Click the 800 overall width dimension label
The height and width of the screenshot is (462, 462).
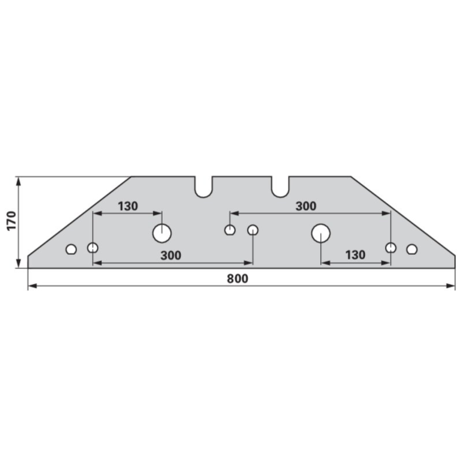tap(237, 279)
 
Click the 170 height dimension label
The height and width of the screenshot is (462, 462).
tap(12, 221)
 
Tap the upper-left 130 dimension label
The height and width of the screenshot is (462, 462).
tap(128, 206)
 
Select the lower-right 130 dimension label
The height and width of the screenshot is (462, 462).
tap(355, 255)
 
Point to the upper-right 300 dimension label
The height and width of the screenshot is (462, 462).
tap(306, 206)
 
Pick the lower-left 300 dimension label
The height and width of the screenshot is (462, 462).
tap(171, 256)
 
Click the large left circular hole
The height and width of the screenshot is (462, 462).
tap(162, 233)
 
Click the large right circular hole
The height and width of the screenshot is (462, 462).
tap(320, 233)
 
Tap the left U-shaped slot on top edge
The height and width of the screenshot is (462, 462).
tap(203, 187)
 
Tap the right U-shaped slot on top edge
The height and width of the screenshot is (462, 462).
tap(280, 187)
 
